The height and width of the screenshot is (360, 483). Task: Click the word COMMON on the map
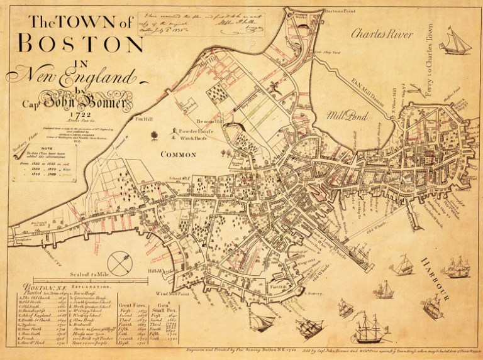[178, 154]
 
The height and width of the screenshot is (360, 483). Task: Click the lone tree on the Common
[153, 133]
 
